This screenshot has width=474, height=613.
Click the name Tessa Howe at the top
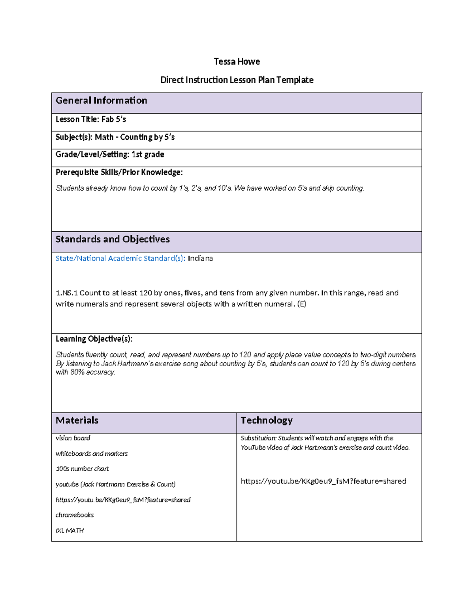[x=237, y=62]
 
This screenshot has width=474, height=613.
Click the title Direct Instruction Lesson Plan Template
[x=237, y=80]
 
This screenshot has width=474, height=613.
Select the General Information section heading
[x=101, y=101]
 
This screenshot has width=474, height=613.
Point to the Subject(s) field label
[x=74, y=137]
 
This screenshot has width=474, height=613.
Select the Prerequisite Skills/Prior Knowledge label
[x=119, y=172]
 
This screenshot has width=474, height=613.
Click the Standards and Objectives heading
[x=113, y=239]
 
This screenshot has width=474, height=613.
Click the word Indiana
[x=200, y=259]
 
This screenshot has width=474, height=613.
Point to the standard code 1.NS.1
[x=66, y=293]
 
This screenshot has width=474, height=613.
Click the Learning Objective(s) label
[x=94, y=339]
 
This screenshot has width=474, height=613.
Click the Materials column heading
[x=77, y=420]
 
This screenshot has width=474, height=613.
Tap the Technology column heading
[x=267, y=420]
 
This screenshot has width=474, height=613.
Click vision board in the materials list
[x=73, y=438]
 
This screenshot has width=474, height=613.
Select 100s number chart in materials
[x=82, y=469]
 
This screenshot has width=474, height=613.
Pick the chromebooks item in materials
[x=75, y=515]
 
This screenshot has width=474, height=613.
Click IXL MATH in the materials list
[x=70, y=531]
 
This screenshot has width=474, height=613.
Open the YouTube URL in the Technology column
[x=323, y=481]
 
